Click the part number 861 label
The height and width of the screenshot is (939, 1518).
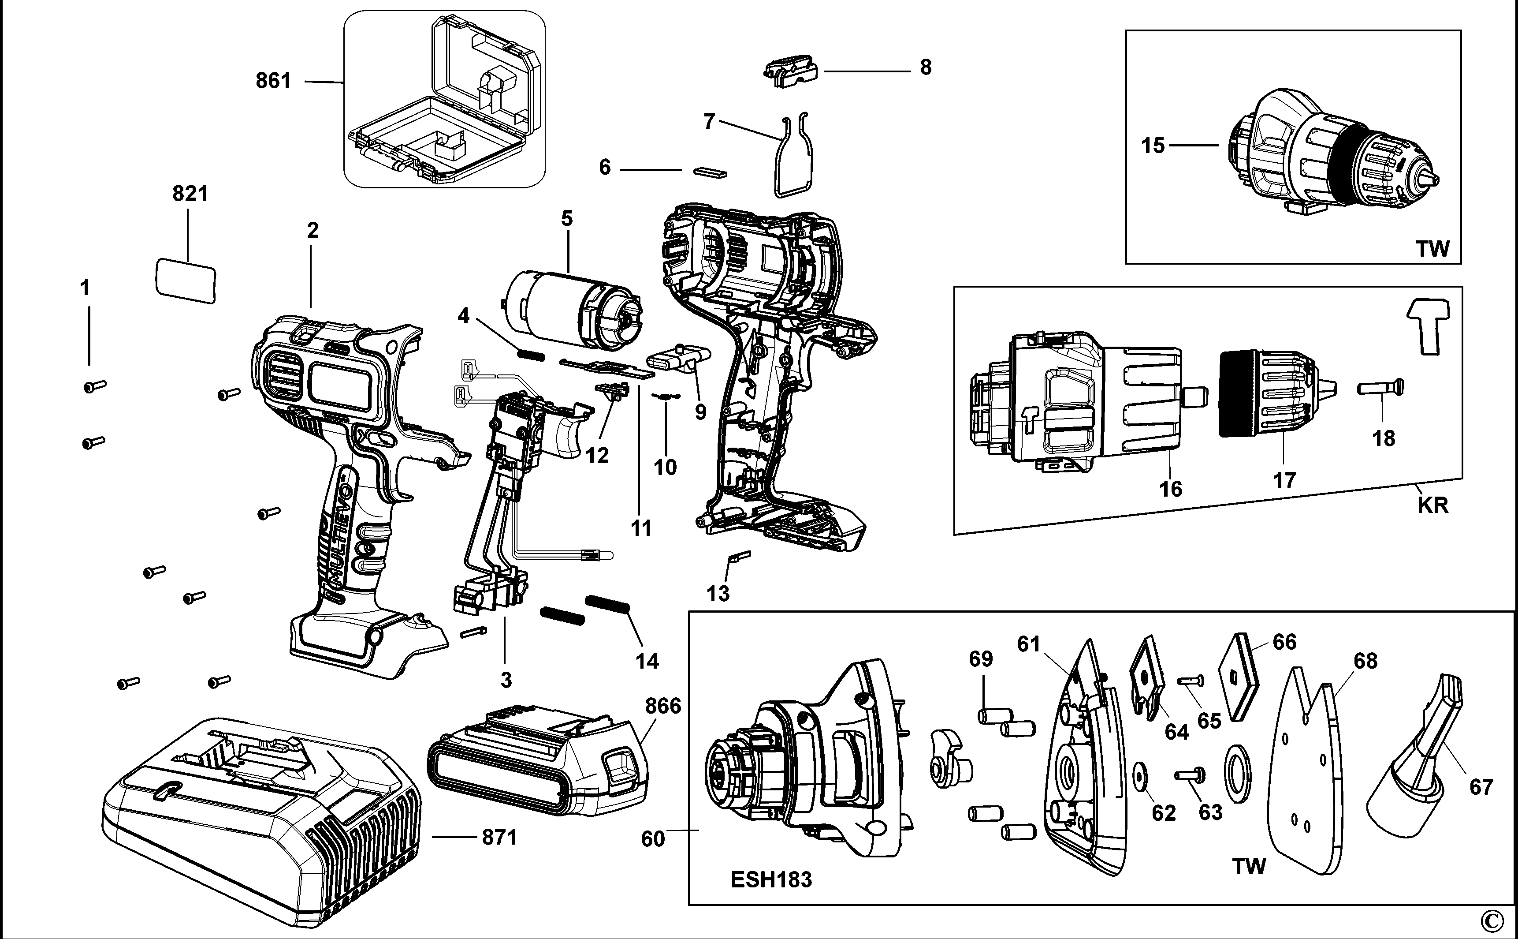click(x=273, y=81)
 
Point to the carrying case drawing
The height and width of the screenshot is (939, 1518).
click(x=444, y=99)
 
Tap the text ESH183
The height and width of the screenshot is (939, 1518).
click(x=771, y=879)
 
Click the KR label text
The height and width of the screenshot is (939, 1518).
click(x=1433, y=505)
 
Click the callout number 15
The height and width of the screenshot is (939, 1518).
click(x=1153, y=146)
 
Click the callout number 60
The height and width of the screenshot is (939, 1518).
click(x=652, y=839)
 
